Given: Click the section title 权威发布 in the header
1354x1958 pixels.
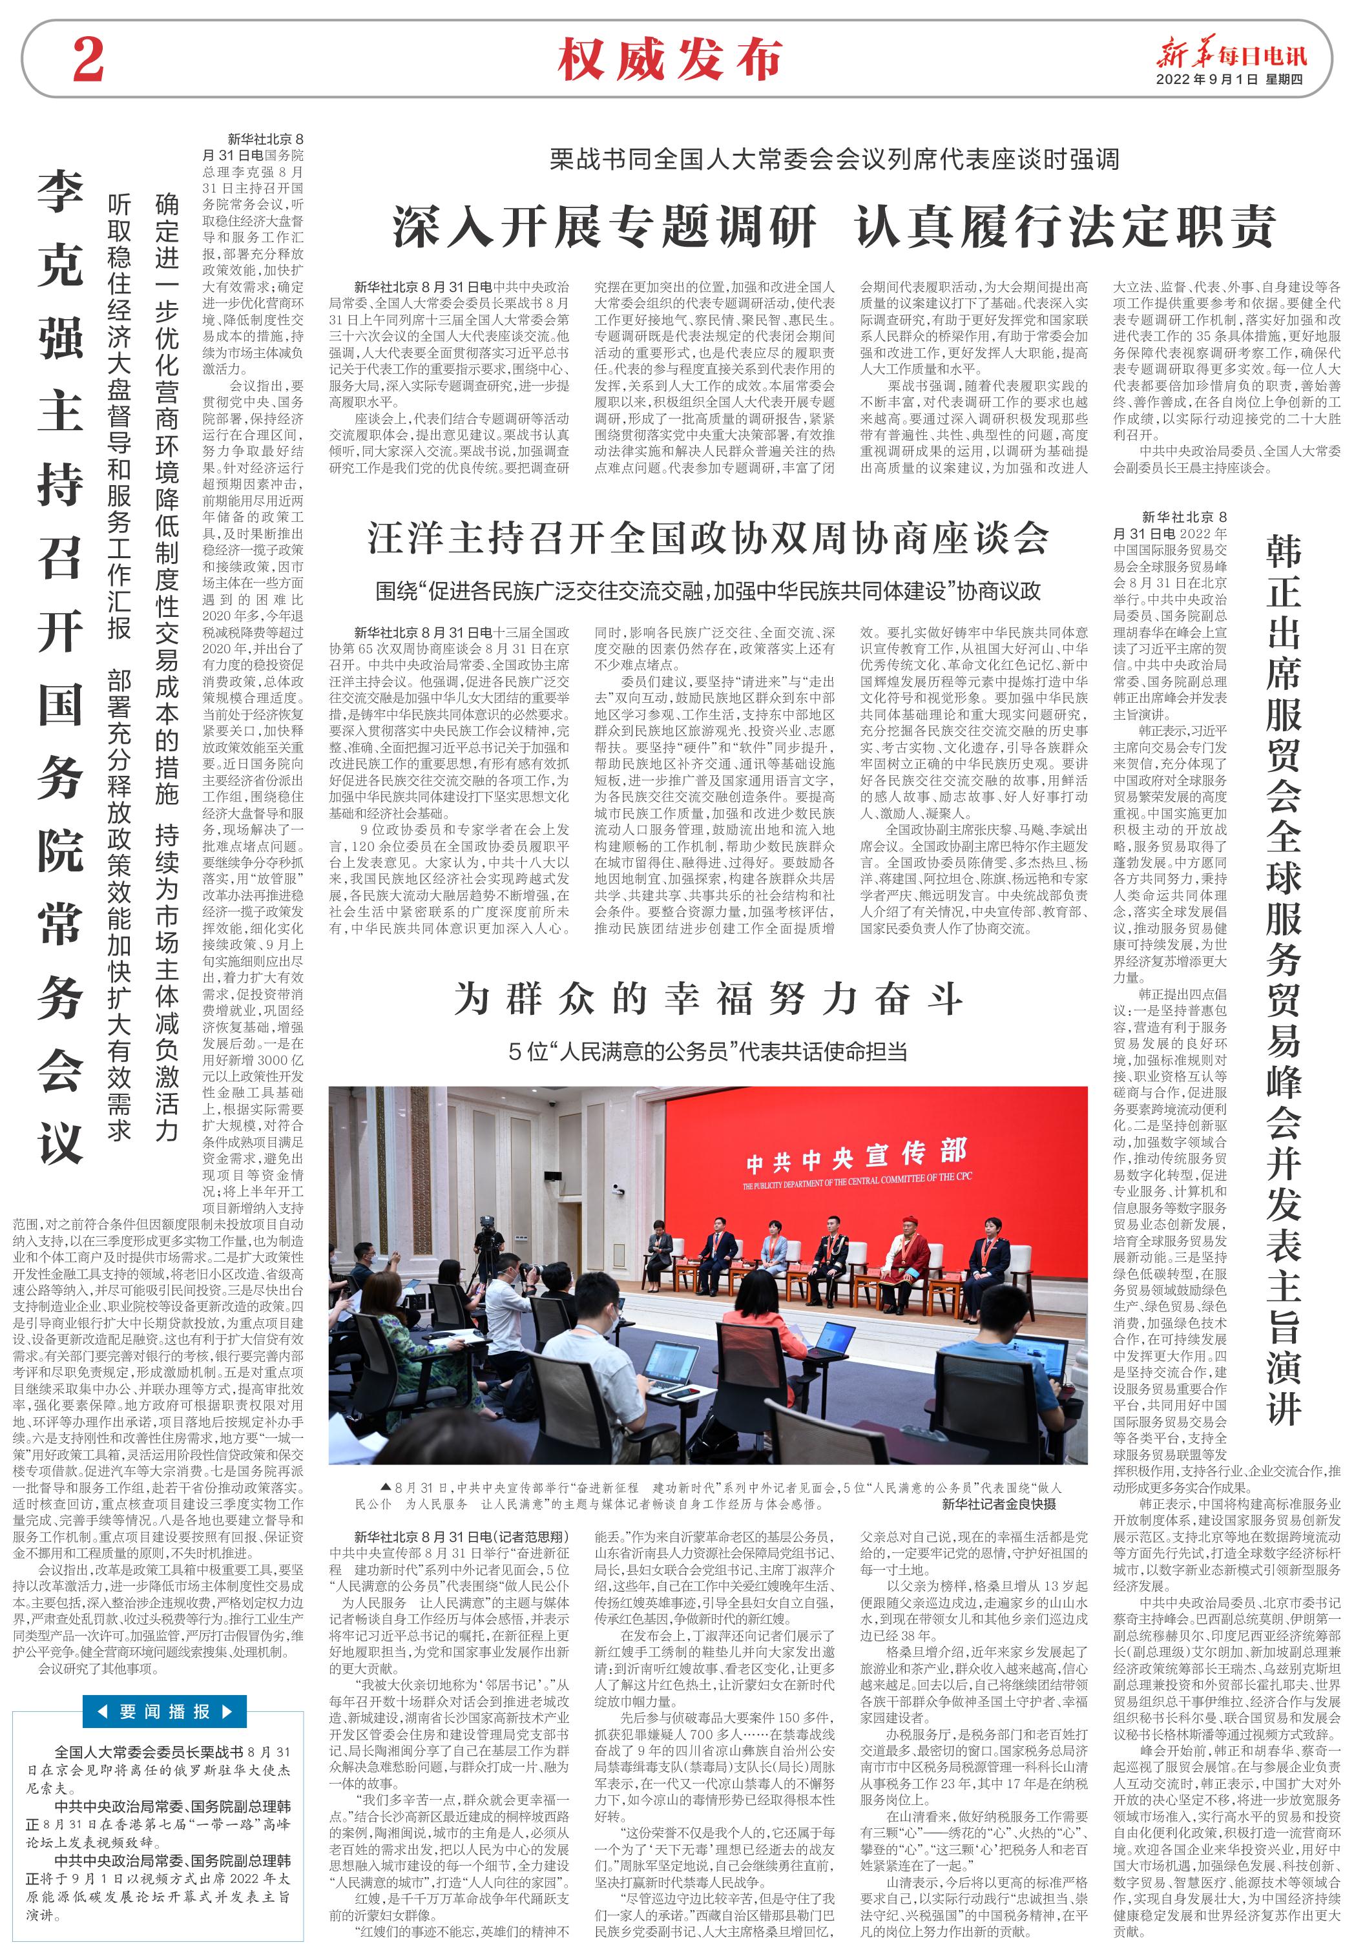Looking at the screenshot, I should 669,59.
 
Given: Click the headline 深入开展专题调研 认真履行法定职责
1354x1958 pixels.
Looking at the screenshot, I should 834,227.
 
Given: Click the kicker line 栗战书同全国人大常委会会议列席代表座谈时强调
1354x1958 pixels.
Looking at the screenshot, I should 834,160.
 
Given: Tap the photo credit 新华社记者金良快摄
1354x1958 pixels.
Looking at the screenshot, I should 999,1504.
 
